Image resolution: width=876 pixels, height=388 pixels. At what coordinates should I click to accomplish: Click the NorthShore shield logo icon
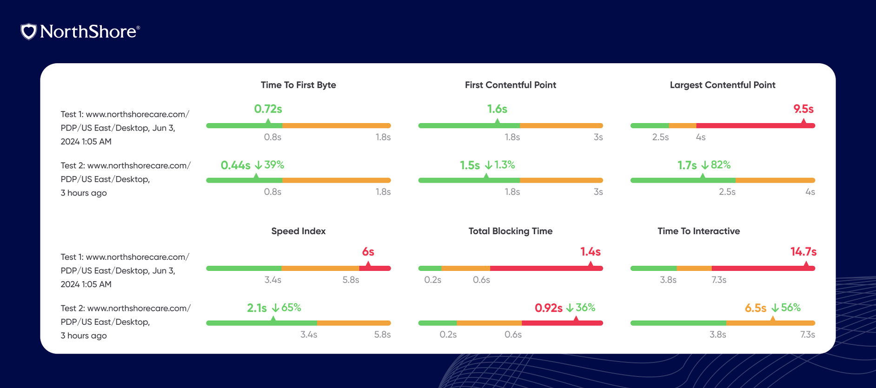tap(29, 32)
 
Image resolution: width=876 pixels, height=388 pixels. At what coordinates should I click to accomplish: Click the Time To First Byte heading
tap(298, 85)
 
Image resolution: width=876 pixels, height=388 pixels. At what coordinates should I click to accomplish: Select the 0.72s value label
tap(268, 109)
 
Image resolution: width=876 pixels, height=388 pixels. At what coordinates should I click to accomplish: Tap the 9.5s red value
tap(803, 109)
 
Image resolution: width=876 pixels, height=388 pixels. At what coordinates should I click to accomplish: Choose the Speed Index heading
tap(298, 231)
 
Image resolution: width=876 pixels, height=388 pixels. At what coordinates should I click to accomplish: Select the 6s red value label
tap(368, 252)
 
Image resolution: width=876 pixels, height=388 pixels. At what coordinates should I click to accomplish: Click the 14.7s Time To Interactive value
tap(803, 252)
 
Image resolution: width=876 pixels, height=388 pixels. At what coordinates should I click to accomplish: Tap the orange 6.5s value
tap(755, 308)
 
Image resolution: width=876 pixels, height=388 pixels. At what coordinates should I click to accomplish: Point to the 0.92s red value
tap(548, 308)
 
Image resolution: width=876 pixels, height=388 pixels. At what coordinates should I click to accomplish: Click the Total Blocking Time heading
tap(510, 231)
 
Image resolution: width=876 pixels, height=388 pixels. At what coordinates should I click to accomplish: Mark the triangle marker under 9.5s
tap(803, 122)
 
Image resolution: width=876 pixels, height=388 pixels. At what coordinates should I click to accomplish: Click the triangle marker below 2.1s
tap(273, 319)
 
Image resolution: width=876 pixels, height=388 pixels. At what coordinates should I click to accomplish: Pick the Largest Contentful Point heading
tap(722, 85)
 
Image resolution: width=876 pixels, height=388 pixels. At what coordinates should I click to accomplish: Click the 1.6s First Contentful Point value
tap(497, 109)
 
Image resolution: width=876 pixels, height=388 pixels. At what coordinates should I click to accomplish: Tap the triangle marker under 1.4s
tap(591, 265)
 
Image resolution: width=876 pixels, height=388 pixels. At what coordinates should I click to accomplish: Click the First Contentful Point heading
tap(510, 85)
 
